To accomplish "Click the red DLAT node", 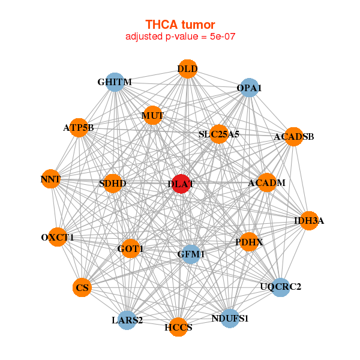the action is [x=181, y=184].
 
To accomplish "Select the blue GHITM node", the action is [x=114, y=82].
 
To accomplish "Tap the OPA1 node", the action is [x=249, y=88].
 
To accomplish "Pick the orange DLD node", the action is [x=187, y=68].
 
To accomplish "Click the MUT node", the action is [x=152, y=115].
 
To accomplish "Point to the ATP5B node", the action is [x=79, y=127].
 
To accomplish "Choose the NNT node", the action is [x=51, y=179].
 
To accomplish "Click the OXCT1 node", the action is [x=58, y=237].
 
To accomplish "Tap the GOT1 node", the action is [x=131, y=248].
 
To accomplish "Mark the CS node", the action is [x=83, y=288].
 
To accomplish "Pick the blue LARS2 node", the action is [x=127, y=320].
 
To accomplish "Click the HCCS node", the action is [x=178, y=327].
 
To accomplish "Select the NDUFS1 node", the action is [x=230, y=318].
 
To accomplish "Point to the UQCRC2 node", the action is [x=280, y=287].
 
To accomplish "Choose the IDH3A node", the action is [x=308, y=221].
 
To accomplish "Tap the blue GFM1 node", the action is [x=191, y=254].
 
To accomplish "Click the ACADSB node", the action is [x=293, y=137].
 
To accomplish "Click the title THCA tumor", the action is [x=180, y=25].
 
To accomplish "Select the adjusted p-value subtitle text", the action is [x=180, y=37].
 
